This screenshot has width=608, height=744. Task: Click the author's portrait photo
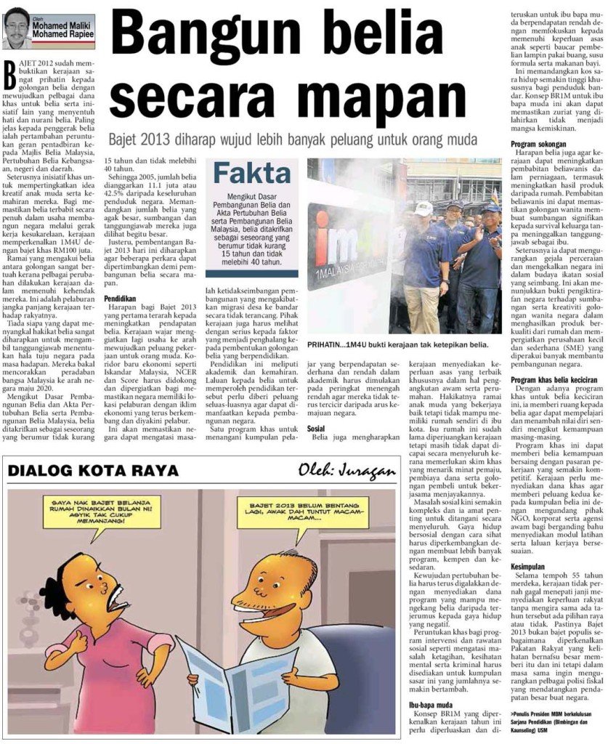click(x=16, y=28)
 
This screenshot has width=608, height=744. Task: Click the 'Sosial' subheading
click(x=316, y=428)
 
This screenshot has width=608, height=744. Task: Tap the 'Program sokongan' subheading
click(x=538, y=143)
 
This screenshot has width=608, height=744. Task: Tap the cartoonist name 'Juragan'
click(x=367, y=472)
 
